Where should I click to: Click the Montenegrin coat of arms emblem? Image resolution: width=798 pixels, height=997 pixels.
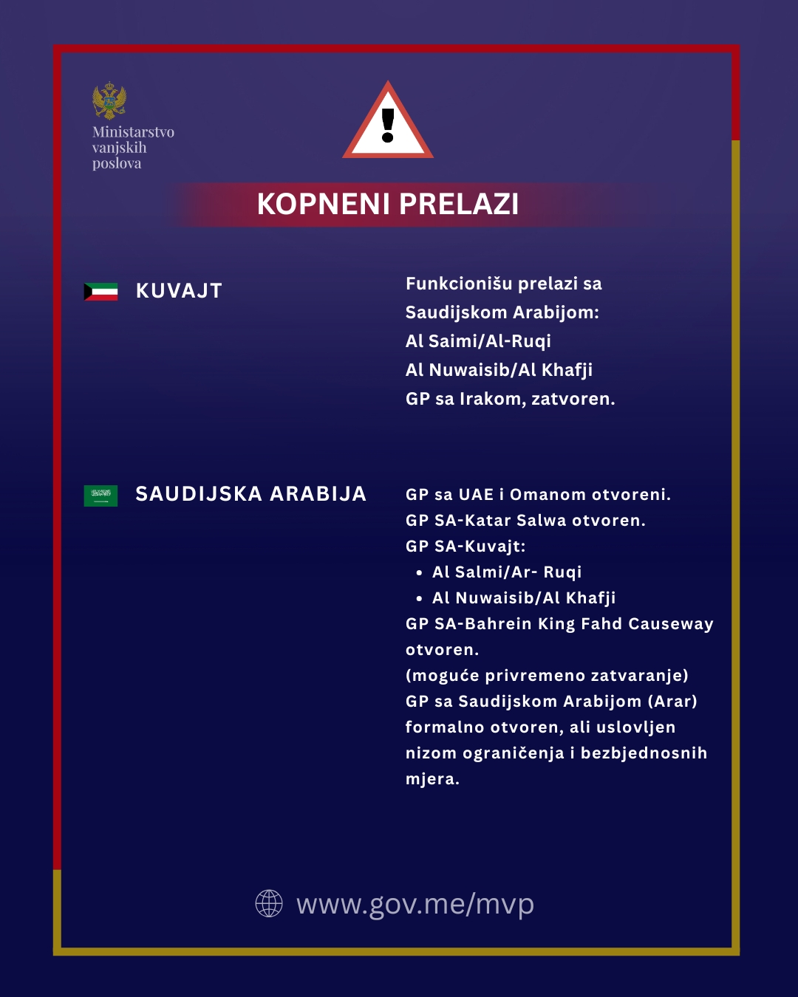coord(109,100)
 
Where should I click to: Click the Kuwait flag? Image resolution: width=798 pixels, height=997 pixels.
coord(100,292)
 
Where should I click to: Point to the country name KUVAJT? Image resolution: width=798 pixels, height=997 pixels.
coord(179,291)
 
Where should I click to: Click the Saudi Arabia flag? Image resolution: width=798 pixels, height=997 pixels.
coord(100,496)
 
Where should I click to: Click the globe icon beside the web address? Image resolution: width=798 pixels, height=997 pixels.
coord(269,903)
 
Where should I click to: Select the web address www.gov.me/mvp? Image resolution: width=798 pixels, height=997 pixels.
coord(415,904)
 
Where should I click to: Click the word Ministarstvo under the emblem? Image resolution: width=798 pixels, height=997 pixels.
coord(133,132)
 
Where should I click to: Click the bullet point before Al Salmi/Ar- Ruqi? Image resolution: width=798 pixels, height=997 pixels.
coord(419,573)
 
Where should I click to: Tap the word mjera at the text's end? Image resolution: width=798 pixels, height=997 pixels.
coord(430,779)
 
